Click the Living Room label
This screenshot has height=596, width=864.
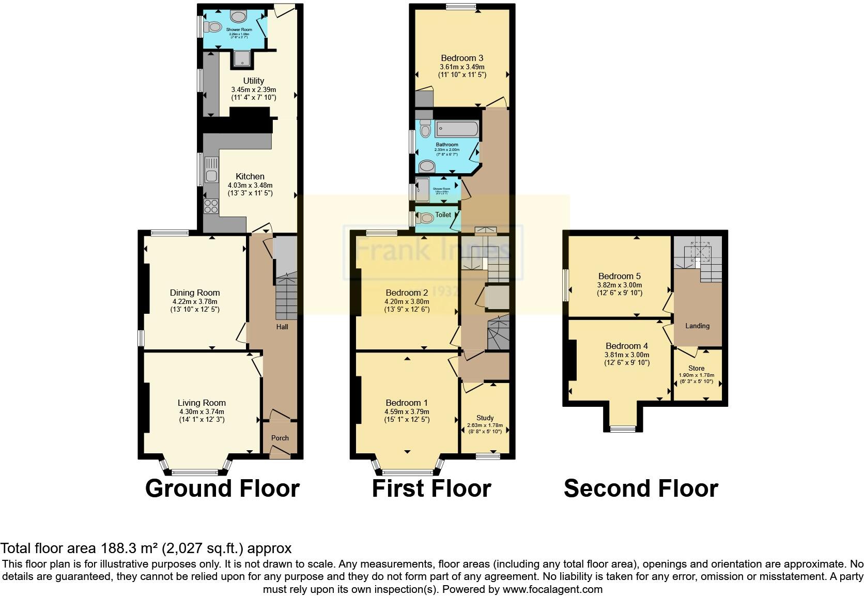tap(202, 403)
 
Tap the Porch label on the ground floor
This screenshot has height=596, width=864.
tap(280, 438)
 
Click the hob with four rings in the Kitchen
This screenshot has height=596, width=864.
tap(211, 206)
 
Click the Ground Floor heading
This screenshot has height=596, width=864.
tap(222, 488)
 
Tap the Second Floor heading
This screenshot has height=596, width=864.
tap(641, 488)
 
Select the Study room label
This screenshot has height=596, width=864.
tap(485, 418)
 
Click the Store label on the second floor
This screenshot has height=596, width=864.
tap(696, 368)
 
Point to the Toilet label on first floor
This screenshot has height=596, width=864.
tap(443, 215)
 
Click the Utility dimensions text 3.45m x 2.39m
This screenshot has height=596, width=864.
tap(253, 89)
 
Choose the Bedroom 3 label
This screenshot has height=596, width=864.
tap(462, 58)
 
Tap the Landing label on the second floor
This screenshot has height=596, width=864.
tap(697, 326)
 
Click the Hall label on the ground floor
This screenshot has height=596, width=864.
tap(282, 327)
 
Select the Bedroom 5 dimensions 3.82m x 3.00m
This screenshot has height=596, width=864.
tap(619, 285)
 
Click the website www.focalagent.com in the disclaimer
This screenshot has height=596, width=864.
tap(552, 589)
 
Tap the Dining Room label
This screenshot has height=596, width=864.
tap(195, 293)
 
